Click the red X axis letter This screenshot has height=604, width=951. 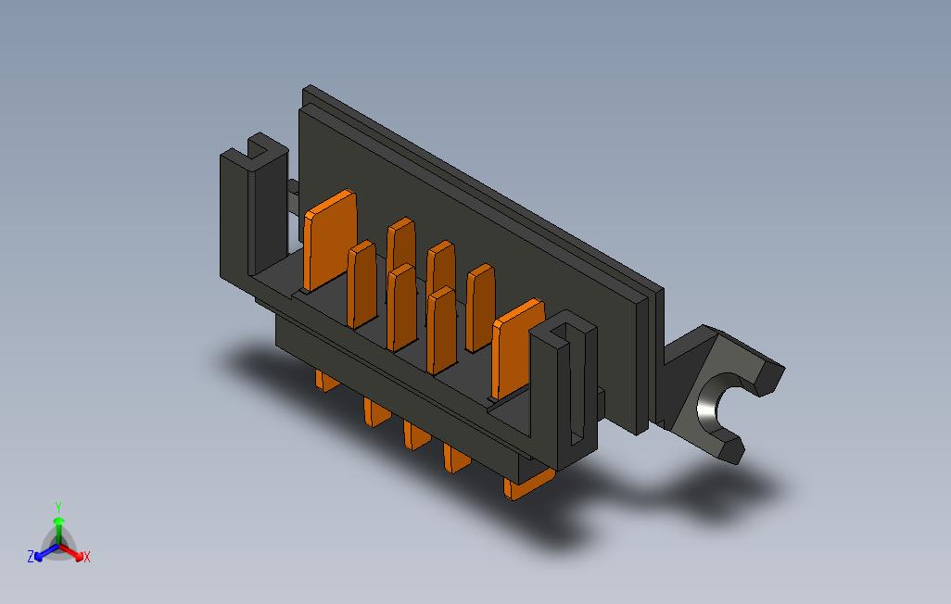tap(87, 557)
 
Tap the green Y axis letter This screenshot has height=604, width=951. tap(58, 507)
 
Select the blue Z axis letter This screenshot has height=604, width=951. tap(31, 556)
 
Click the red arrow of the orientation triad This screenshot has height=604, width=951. tap(71, 552)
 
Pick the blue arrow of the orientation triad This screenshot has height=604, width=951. tap(46, 552)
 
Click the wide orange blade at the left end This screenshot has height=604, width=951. tap(330, 240)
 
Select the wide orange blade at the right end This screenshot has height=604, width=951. tap(517, 348)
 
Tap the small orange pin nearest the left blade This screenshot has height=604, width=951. tap(361, 283)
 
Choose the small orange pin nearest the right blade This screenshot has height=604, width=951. tap(480, 308)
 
